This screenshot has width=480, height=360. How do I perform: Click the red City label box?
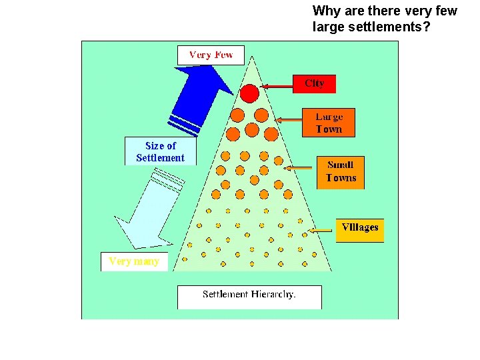pyautogui.click(x=314, y=83)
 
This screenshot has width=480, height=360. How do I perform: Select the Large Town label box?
pyautogui.click(x=328, y=123)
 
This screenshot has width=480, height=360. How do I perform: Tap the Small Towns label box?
pyautogui.click(x=341, y=171)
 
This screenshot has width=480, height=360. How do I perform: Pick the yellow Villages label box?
pyautogui.click(x=360, y=229)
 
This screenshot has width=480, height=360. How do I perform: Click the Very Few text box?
pyautogui.click(x=211, y=55)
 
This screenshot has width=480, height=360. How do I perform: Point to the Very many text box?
pyautogui.click(x=134, y=261)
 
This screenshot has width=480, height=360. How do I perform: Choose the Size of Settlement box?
pyautogui.click(x=160, y=151)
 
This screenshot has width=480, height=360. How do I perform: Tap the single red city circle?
pyautogui.click(x=249, y=93)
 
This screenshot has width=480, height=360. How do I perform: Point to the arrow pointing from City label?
pyautogui.click(x=277, y=86)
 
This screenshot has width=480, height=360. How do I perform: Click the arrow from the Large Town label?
pyautogui.click(x=289, y=120)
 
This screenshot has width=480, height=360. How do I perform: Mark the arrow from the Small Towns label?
pyautogui.click(x=301, y=167)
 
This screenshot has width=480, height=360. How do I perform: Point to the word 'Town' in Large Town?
pyautogui.click(x=329, y=129)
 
